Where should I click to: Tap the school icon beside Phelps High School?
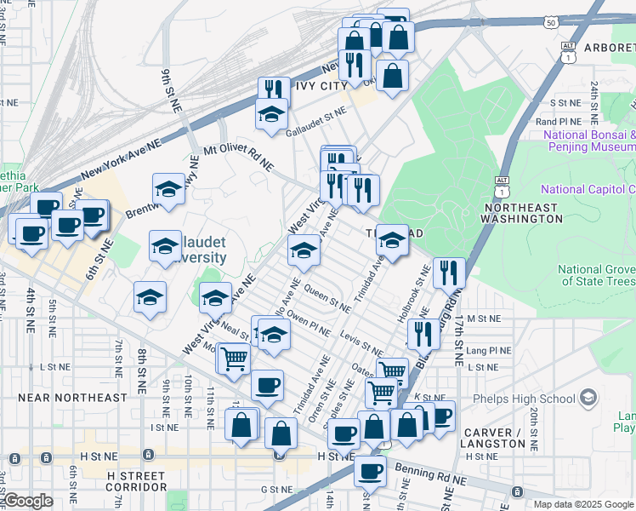(x=588, y=398)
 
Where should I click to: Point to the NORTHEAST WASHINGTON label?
(x=520, y=213)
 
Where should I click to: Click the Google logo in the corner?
(x=27, y=500)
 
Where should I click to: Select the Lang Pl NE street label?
(x=488, y=350)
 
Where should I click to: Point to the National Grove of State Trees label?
(x=596, y=275)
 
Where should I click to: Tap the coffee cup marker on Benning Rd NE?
(x=369, y=470)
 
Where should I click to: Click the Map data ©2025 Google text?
(x=583, y=504)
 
